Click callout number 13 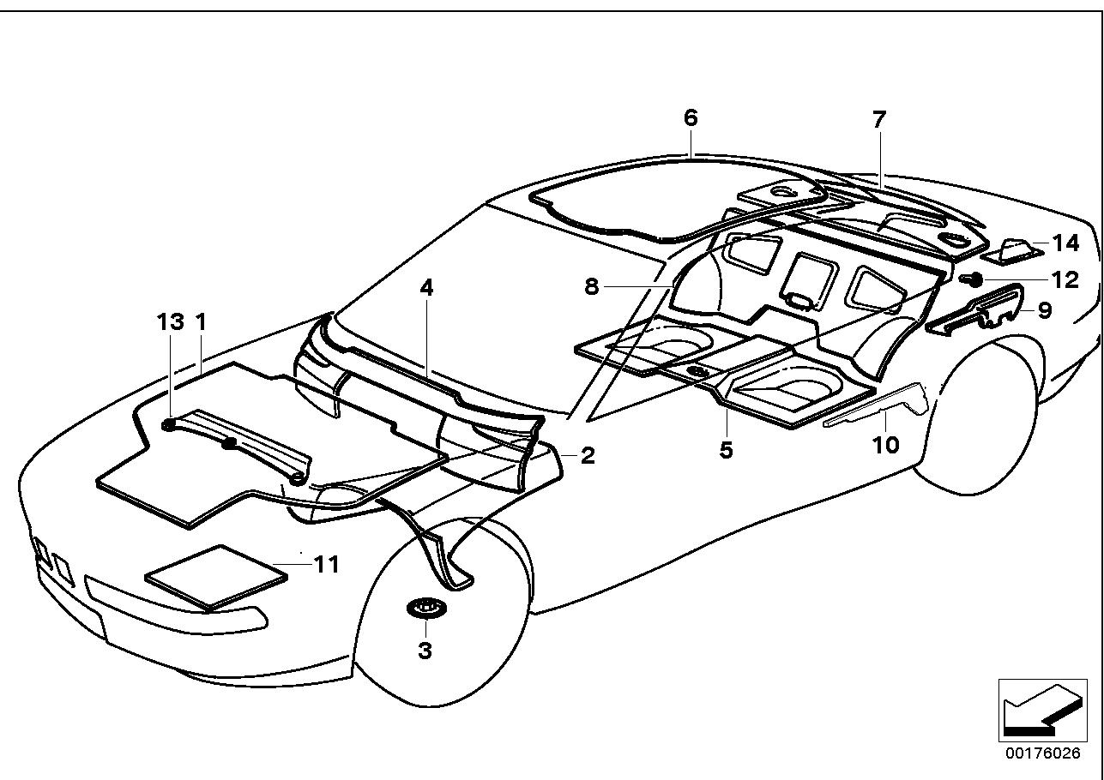point(170,322)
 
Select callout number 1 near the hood point(201,322)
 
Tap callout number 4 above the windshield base point(426,288)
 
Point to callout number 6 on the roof point(691,117)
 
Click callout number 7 point(878,120)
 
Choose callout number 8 point(592,286)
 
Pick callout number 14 point(1065,243)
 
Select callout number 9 point(1045,309)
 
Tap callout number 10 point(885,444)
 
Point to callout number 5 point(727,449)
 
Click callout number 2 point(587,455)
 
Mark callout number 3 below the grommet point(425,651)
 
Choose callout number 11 point(326,565)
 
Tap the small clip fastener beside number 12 point(974,279)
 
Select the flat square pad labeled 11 point(215,577)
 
